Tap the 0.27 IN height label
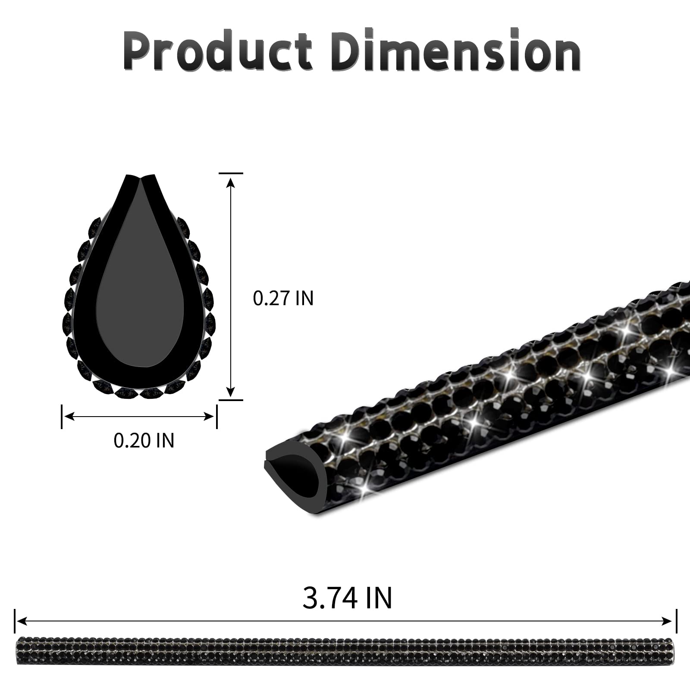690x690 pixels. click(283, 298)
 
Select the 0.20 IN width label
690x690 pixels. click(144, 440)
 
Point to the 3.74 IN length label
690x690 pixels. click(347, 597)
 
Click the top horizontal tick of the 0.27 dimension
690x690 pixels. click(231, 173)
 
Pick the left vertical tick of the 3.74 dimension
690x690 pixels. click(15, 621)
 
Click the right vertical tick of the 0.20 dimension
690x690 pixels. click(216, 416)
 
